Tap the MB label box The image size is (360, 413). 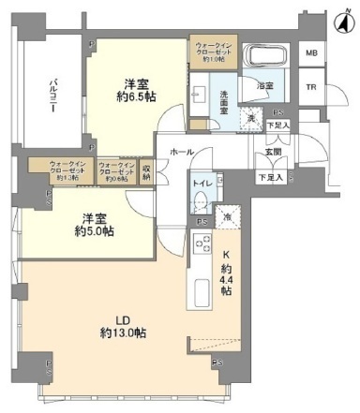coord(309,52)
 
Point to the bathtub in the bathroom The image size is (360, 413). coord(255,57)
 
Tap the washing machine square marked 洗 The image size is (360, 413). coord(250,119)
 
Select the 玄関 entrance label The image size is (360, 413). coord(273,155)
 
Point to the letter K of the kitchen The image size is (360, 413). coord(225,254)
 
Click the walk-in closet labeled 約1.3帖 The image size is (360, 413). coord(58,170)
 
